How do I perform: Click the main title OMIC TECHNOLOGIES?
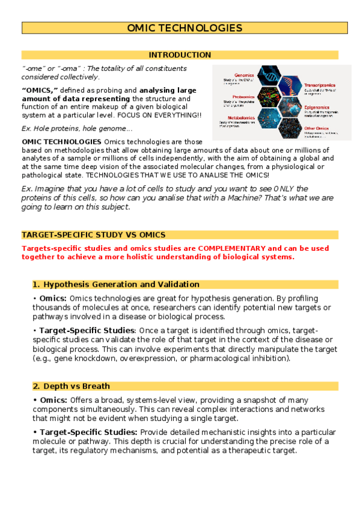pyautogui.click(x=185, y=28)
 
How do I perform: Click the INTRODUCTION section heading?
pyautogui.click(x=180, y=55)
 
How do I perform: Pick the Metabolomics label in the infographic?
pyautogui.click(x=236, y=118)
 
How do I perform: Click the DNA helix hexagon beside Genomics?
pyautogui.click(x=270, y=77)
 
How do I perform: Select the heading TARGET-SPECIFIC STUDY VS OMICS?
pyautogui.click(x=94, y=235)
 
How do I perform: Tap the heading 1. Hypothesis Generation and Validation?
pyautogui.click(x=116, y=284)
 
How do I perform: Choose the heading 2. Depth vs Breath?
pyautogui.click(x=72, y=386)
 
